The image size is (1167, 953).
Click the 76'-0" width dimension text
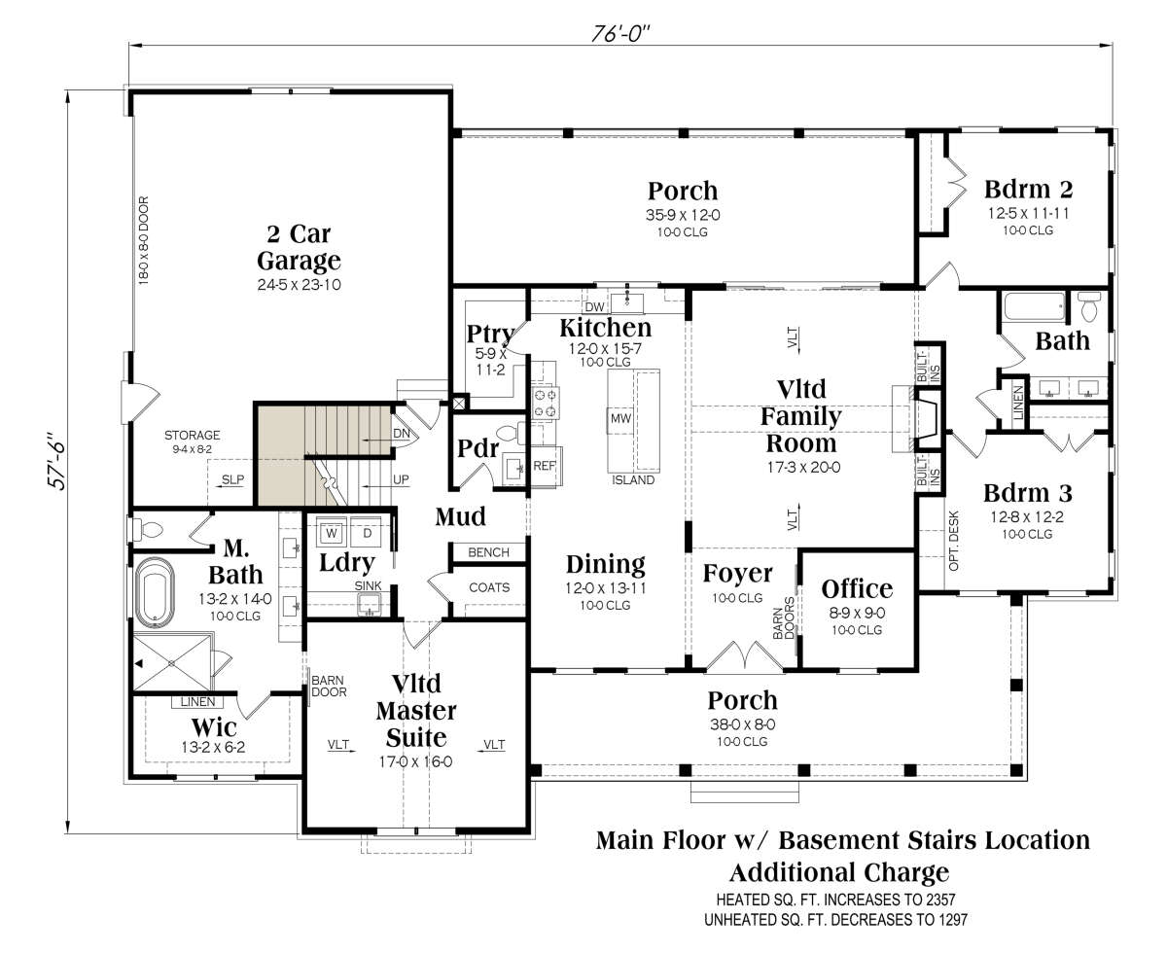click(620, 34)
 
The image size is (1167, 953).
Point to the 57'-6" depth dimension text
click(57, 460)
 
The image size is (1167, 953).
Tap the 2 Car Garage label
click(299, 247)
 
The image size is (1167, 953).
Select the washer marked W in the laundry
click(332, 533)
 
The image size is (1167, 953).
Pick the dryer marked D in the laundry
click(367, 533)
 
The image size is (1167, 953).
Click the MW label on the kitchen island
click(620, 418)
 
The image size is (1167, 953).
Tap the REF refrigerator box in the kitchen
click(545, 467)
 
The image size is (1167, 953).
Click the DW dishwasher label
click(594, 307)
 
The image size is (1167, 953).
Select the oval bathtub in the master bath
click(155, 590)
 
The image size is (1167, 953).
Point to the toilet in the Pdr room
click(511, 434)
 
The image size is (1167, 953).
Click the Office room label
click(857, 589)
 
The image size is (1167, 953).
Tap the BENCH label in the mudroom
click(488, 552)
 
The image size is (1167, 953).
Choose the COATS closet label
click(489, 587)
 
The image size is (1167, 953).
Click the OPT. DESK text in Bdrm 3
click(953, 542)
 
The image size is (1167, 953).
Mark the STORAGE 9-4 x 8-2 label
click(192, 441)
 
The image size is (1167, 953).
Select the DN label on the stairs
click(402, 434)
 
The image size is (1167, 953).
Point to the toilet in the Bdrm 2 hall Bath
click(1089, 307)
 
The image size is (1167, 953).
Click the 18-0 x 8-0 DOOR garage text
click(144, 240)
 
